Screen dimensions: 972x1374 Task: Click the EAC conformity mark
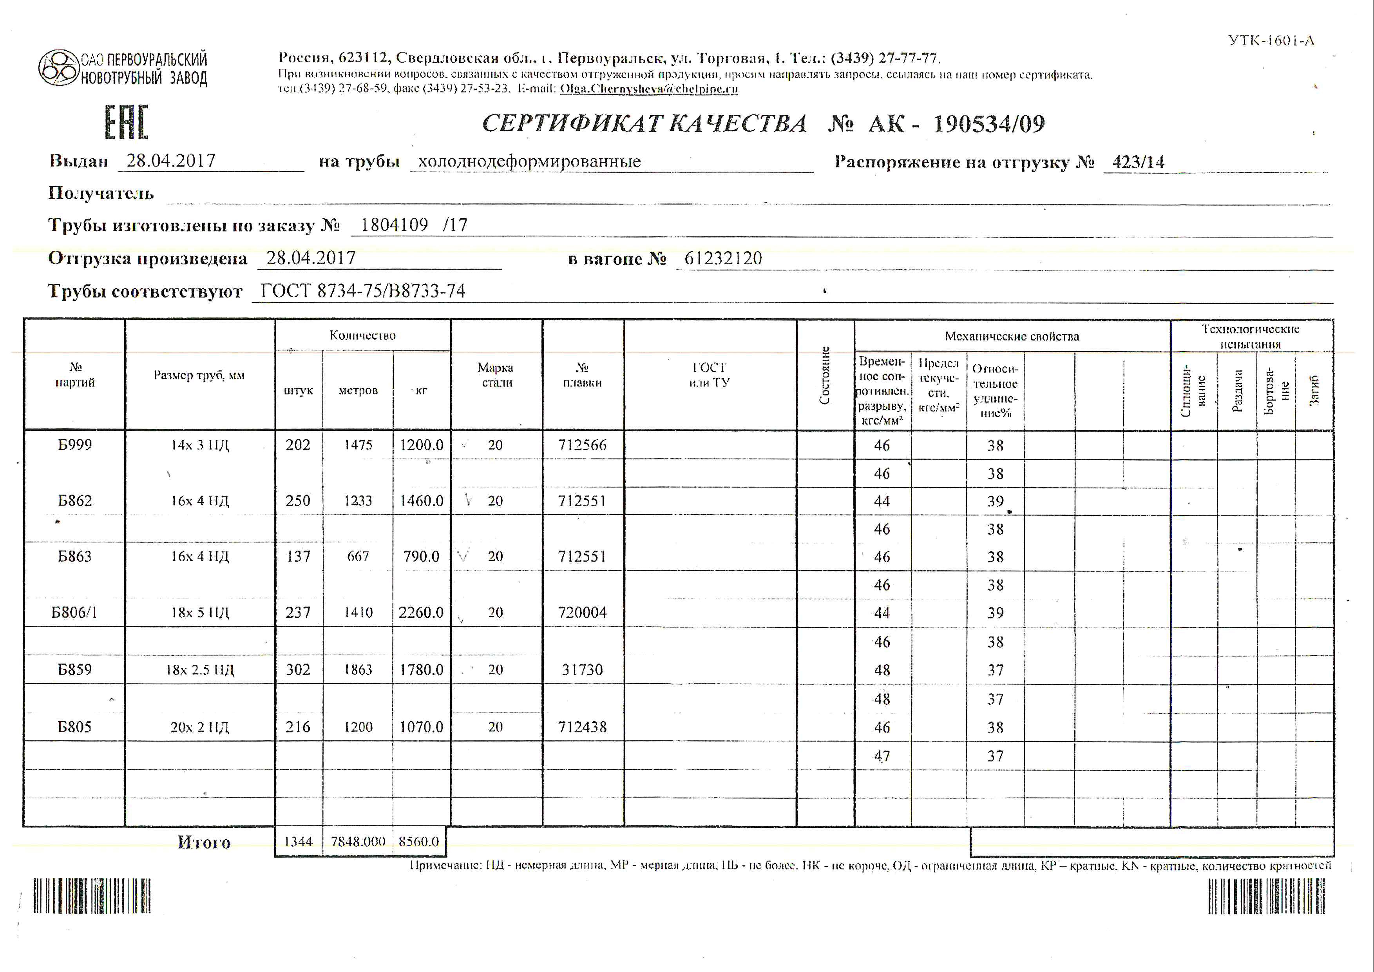click(x=126, y=123)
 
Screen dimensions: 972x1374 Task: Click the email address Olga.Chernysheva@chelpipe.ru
click(x=649, y=89)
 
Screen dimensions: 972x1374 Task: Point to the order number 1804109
click(x=395, y=225)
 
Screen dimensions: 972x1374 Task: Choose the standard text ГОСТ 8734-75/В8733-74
click(x=363, y=291)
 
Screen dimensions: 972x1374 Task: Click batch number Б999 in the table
click(x=75, y=445)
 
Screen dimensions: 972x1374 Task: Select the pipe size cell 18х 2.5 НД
click(x=200, y=670)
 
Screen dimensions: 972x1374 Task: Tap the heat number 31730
click(x=582, y=670)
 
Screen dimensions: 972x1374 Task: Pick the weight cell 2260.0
click(x=421, y=612)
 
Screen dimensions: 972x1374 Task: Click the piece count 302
click(x=298, y=670)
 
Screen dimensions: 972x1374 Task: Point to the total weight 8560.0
click(x=419, y=841)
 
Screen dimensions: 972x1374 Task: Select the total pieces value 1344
click(x=298, y=841)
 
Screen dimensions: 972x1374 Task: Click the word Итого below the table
click(x=203, y=842)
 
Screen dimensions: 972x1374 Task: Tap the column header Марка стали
click(x=496, y=375)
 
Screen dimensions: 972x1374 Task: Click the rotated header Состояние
click(x=825, y=375)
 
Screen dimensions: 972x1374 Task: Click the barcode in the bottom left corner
click(x=92, y=896)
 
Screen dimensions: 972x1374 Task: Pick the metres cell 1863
click(x=358, y=670)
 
